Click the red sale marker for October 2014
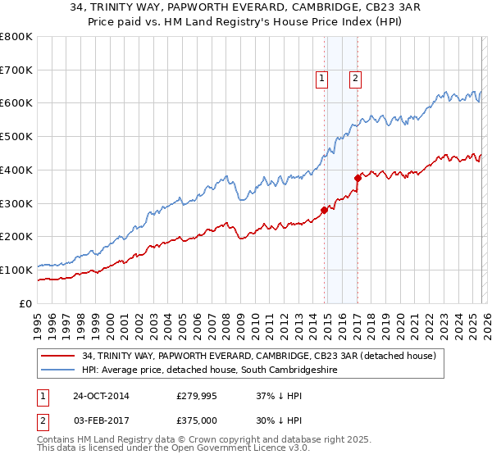(325, 210)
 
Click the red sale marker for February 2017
(358, 178)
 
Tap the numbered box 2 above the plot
(355, 79)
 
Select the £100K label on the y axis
(17, 270)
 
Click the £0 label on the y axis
(25, 303)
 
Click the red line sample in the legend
(59, 356)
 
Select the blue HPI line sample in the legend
(59, 370)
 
